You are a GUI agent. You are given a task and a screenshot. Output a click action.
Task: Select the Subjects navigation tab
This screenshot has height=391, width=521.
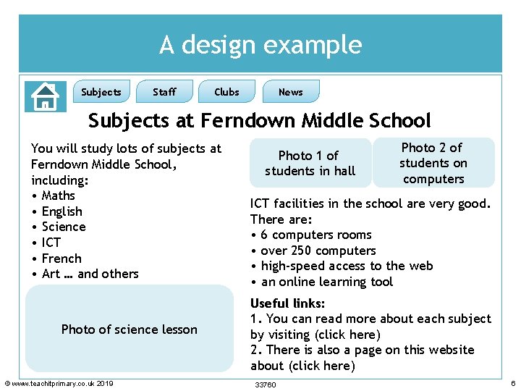pos(101,92)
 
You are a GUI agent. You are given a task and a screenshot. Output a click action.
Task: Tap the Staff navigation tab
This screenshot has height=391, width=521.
pos(164,92)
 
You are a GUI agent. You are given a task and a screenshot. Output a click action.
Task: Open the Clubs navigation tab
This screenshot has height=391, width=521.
pos(226,92)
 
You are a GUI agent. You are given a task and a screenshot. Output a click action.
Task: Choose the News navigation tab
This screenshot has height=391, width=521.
pos(291,92)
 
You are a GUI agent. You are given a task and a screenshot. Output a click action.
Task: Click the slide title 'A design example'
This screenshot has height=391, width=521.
pos(260,45)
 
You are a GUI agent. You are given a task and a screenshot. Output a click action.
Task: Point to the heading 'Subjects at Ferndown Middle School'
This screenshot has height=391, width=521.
pos(260,120)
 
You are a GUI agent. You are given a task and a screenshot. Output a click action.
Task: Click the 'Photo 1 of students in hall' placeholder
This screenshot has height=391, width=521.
pos(310,163)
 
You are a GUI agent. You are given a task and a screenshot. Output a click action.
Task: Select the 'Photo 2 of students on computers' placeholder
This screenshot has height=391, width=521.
pos(433,163)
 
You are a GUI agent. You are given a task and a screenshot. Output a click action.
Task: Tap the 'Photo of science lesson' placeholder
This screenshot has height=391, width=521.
pos(130,329)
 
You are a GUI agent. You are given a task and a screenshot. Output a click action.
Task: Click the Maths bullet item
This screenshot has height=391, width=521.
pos(58,195)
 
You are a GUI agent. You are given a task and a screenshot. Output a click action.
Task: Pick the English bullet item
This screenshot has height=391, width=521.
pos(62,211)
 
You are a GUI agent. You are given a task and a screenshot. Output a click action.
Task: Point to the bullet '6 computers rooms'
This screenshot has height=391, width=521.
pos(315,235)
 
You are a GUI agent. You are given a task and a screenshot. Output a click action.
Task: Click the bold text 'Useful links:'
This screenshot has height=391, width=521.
pos(287,303)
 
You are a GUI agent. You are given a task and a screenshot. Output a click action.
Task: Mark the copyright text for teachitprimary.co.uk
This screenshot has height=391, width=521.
pos(59,383)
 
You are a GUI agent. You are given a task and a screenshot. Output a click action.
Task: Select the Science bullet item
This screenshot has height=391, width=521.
pos(64,227)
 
